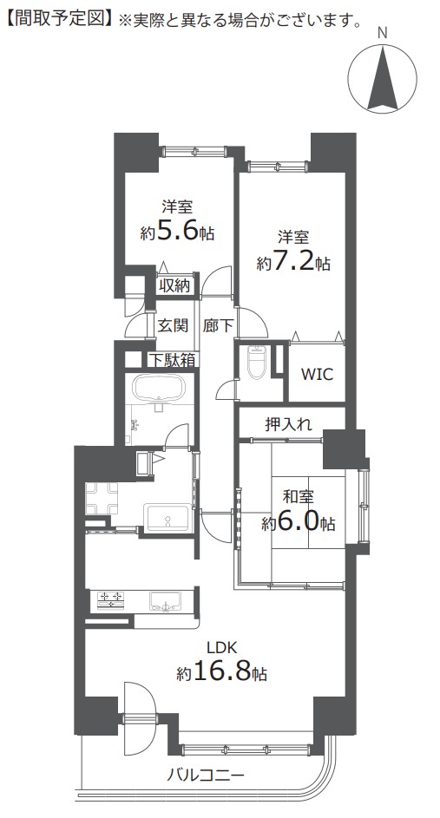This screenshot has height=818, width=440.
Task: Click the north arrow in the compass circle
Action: pos(383,78)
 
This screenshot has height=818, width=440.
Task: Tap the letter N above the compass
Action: pos(383,33)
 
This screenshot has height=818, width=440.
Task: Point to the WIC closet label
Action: pos(318,374)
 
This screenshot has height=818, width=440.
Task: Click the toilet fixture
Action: pos(257,362)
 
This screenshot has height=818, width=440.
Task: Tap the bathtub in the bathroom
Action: pos(159,389)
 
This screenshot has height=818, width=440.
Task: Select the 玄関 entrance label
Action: pos(173,325)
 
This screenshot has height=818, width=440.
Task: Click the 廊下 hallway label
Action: pos(218,325)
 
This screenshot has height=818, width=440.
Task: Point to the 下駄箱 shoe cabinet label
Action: pos(172,360)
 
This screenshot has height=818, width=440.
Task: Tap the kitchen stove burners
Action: pos(111,599)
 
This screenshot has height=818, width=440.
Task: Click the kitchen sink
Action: pos(167,600)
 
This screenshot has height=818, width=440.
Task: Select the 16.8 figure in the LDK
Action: pos(223,673)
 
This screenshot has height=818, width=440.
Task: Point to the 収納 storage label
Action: pos(174,285)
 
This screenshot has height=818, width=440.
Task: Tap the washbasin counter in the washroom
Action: pos(167,518)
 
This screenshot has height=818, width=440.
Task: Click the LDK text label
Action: pos(222,648)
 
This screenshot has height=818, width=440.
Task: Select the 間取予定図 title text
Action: pos(58,20)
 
